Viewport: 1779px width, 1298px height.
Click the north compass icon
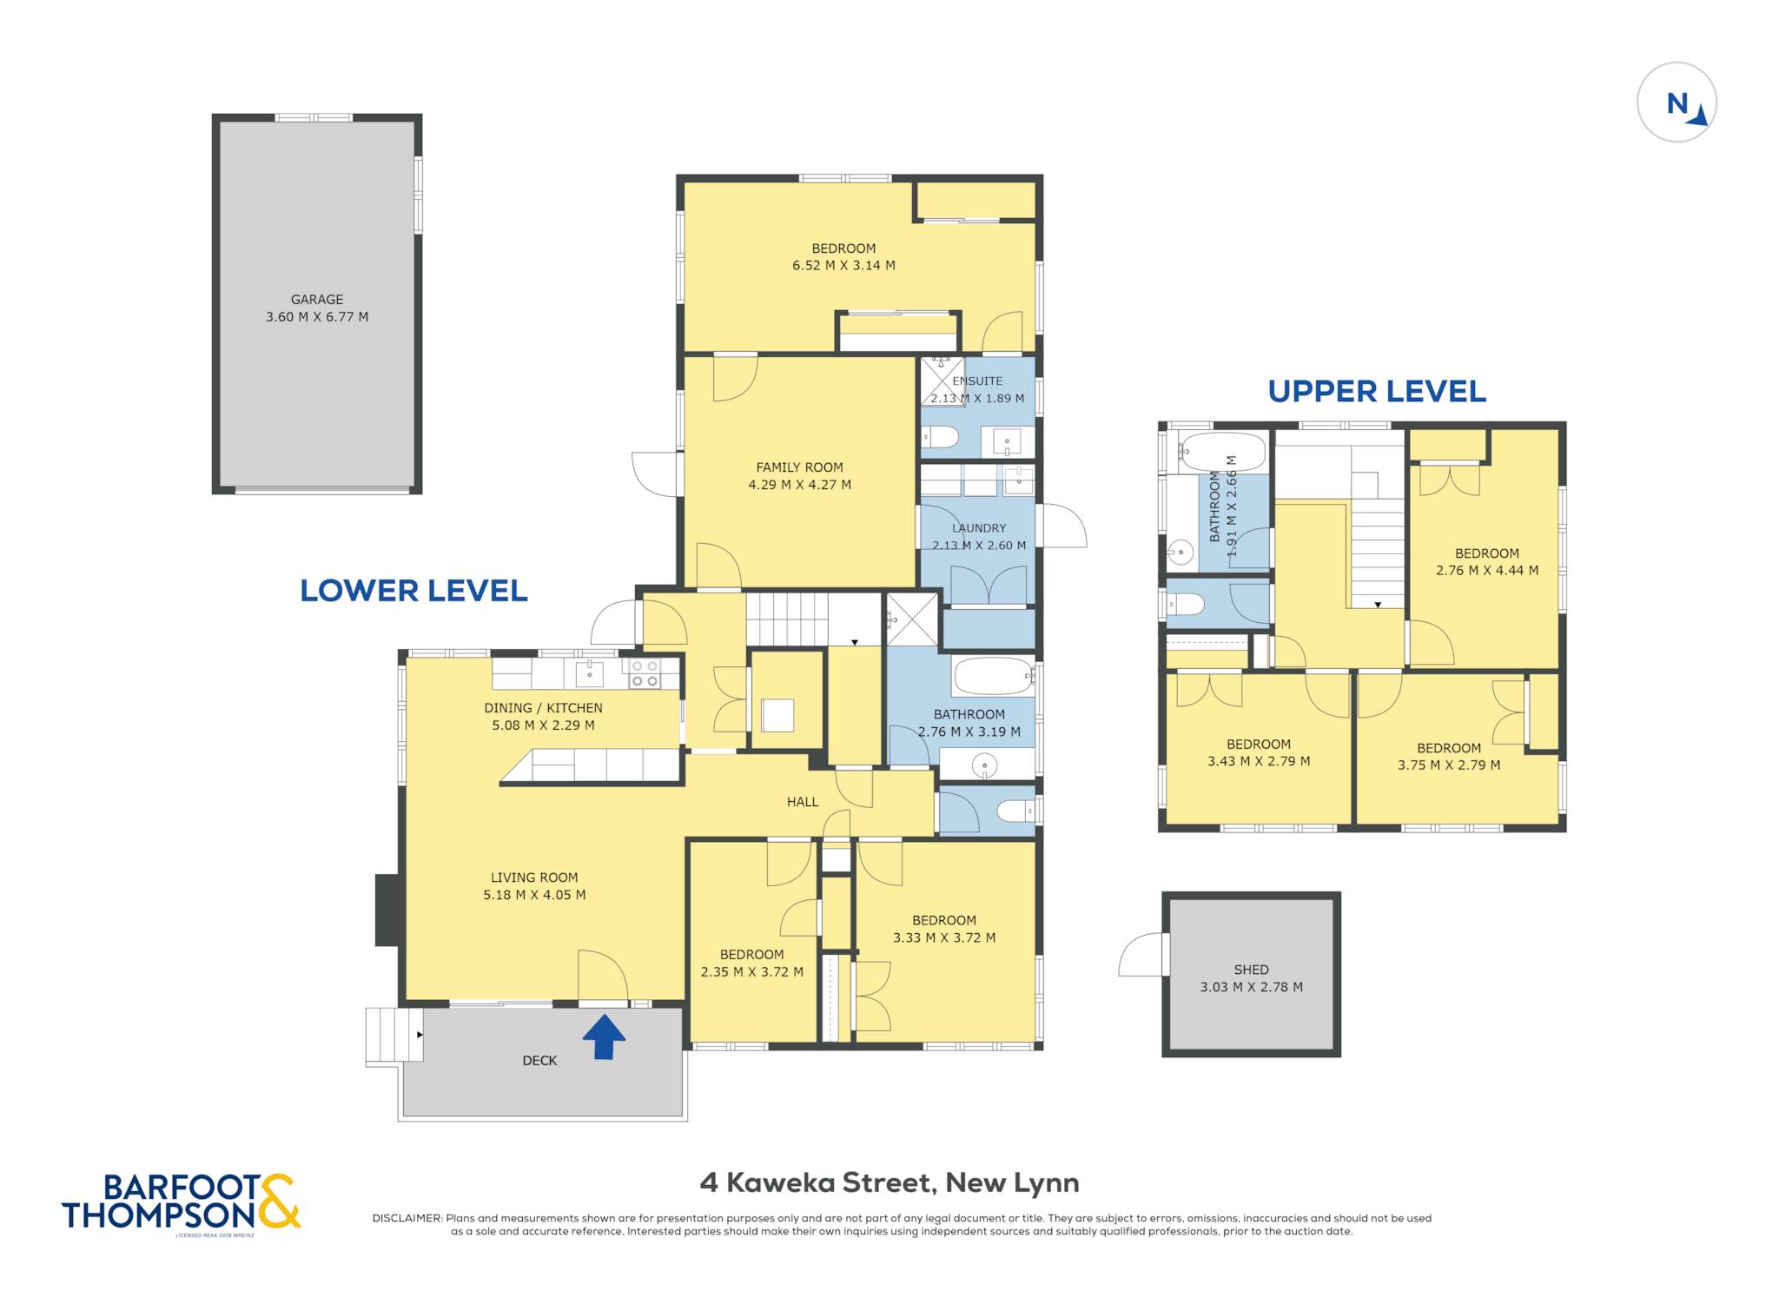click(1676, 103)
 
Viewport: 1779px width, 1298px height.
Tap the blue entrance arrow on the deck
click(604, 1037)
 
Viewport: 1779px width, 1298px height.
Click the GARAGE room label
click(317, 300)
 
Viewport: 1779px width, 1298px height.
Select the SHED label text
click(1251, 970)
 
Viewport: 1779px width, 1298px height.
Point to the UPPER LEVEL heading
click(1377, 392)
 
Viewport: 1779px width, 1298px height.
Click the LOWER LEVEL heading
click(413, 591)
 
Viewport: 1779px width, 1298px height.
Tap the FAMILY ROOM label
click(799, 467)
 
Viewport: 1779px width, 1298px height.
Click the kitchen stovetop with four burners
click(644, 673)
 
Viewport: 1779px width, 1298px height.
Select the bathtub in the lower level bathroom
click(993, 676)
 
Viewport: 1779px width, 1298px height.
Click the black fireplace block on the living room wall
click(387, 910)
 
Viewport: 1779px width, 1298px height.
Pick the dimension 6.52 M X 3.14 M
click(843, 266)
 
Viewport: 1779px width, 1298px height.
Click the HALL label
click(803, 802)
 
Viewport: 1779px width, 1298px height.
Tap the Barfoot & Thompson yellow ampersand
click(278, 1201)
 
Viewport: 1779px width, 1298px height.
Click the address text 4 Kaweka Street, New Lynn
click(889, 1182)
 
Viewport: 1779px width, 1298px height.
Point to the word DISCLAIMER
click(407, 1218)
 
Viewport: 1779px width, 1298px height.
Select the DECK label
click(539, 1061)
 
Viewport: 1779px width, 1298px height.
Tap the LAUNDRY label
click(979, 528)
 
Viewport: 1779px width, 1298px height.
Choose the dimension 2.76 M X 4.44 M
click(1487, 571)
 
